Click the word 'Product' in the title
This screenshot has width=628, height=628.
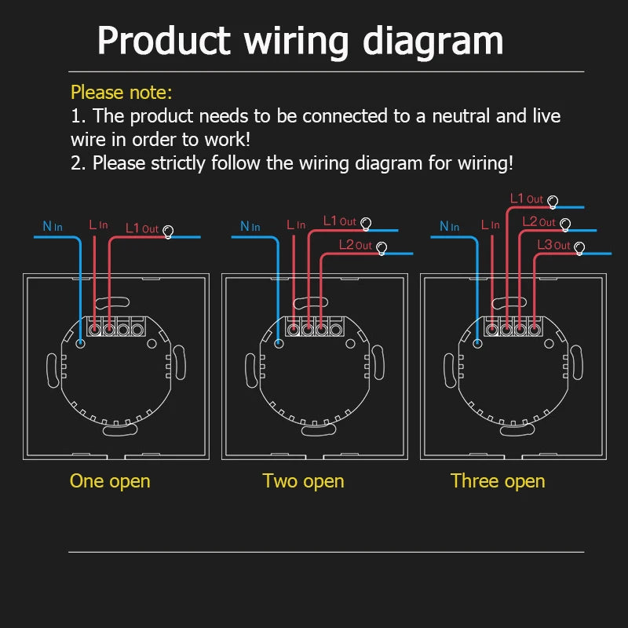[x=164, y=41]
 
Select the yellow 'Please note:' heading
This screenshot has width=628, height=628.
[x=121, y=92]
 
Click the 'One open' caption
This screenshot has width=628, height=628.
[x=110, y=480]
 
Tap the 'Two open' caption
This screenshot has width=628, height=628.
[x=303, y=480]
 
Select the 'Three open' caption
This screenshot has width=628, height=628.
[x=498, y=480]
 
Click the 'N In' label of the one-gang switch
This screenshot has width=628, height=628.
[x=53, y=227]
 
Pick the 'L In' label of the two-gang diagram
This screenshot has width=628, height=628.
[x=296, y=225]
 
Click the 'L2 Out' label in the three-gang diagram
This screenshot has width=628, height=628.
[x=539, y=222]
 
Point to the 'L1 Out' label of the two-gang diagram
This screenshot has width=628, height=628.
[x=339, y=221]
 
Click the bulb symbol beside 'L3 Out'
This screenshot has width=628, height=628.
[x=579, y=248]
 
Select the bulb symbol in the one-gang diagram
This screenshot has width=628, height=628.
[x=167, y=232]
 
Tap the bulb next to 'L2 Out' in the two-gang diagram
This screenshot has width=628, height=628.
[x=382, y=248]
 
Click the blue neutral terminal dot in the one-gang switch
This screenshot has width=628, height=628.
[x=81, y=343]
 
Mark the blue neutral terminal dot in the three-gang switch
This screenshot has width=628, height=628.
[x=477, y=343]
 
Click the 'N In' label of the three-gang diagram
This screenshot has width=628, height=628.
[x=449, y=227]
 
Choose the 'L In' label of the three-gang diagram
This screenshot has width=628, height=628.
[x=490, y=225]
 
